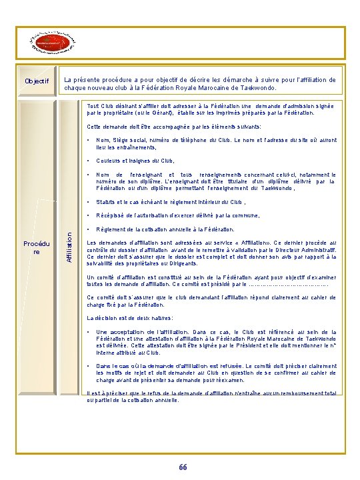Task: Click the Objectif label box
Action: coord(37,81)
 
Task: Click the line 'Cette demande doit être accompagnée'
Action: coord(174,127)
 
